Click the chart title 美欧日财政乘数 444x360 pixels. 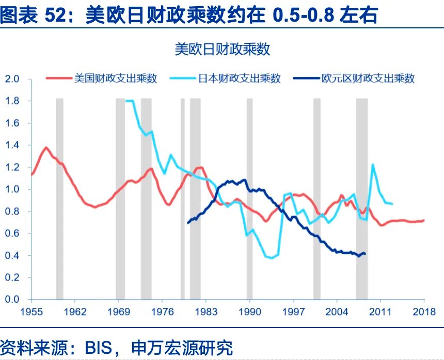click(223, 50)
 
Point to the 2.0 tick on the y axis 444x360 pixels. click(12, 79)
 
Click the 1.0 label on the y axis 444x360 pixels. click(12, 189)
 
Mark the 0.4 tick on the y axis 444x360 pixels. click(12, 255)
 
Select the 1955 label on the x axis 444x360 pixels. click(31, 312)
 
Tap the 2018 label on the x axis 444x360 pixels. click(424, 312)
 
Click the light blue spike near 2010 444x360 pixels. click(372, 165)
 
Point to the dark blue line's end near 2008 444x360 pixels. click(365, 254)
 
